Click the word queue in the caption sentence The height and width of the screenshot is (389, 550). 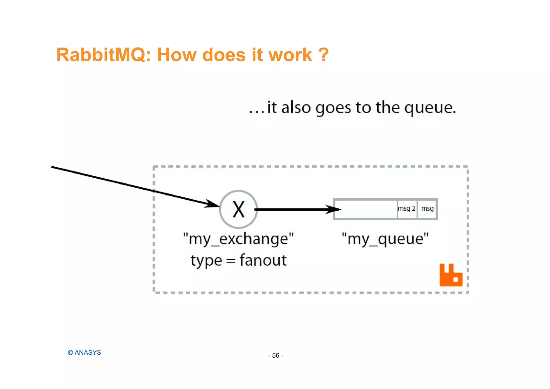[x=430, y=108]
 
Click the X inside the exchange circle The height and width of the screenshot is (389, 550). [x=238, y=210]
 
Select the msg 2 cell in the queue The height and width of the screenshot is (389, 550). [x=407, y=209]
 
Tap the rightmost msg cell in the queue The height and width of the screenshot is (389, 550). [x=427, y=209]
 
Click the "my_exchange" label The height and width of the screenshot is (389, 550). [x=238, y=239]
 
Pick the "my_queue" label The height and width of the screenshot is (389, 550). [x=385, y=239]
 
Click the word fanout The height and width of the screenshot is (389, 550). [x=263, y=260]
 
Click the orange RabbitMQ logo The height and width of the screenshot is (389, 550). [x=451, y=275]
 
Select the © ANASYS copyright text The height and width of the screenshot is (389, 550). [x=84, y=352]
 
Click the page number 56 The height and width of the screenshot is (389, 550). [x=276, y=355]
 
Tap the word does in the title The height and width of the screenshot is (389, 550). [x=224, y=55]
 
